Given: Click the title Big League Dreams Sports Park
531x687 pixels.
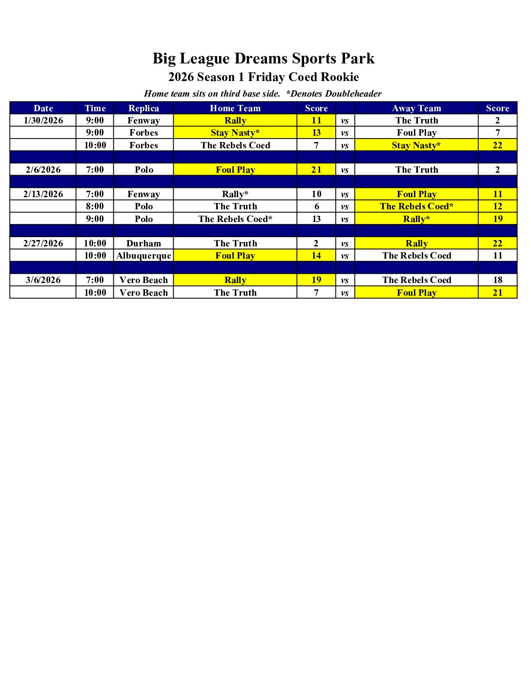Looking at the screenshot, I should (x=264, y=59).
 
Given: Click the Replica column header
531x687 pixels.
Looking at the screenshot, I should (x=143, y=108).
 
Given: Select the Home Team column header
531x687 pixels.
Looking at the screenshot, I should (x=235, y=108).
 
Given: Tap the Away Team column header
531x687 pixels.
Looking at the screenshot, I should (x=416, y=108).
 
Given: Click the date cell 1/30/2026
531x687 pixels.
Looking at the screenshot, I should (x=43, y=121).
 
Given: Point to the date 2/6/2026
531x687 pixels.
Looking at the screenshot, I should (x=43, y=170).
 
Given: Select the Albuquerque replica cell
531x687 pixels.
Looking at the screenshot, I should (x=143, y=256).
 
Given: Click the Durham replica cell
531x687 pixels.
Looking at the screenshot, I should (x=143, y=243).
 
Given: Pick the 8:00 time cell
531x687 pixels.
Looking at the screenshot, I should (x=95, y=206).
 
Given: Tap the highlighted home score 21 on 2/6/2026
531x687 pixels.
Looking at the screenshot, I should (x=316, y=170).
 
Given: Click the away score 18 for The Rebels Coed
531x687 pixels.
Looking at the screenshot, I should (x=497, y=280).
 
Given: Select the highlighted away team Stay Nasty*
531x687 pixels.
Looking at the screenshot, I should (x=416, y=145).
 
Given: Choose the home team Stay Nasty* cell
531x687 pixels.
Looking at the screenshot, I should (x=235, y=133).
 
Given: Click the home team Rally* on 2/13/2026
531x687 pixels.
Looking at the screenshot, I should (x=235, y=194).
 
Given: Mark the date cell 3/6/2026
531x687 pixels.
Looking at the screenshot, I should (x=43, y=280).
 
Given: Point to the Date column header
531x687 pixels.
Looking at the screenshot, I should (x=43, y=108).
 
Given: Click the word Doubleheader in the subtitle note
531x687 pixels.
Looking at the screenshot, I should (x=353, y=94).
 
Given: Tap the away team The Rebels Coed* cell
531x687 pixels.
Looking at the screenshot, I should (x=416, y=206).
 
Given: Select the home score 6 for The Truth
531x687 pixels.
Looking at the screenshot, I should (x=316, y=206).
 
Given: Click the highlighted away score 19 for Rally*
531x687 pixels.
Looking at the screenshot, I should (x=497, y=219).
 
